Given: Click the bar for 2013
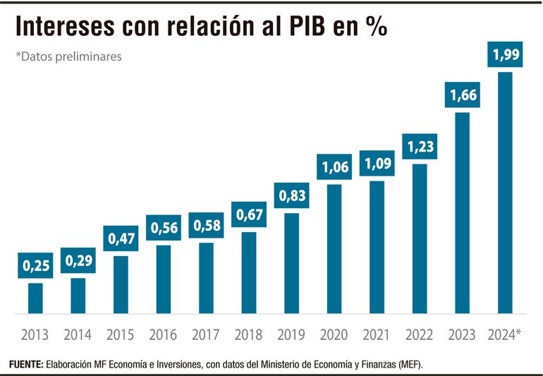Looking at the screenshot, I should pyautogui.click(x=35, y=298).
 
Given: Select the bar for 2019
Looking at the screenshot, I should pyautogui.click(x=291, y=262).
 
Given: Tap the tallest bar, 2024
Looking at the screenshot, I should pyautogui.click(x=504, y=192).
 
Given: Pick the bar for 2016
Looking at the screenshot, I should pyautogui.click(x=164, y=279).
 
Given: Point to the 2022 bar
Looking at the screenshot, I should pyautogui.click(x=419, y=238).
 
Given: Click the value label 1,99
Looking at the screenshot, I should pyautogui.click(x=504, y=54).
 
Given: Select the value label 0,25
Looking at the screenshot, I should pyautogui.click(x=35, y=266).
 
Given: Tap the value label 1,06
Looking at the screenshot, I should pyautogui.click(x=334, y=167).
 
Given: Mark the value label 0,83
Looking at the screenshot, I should pyautogui.click(x=291, y=195).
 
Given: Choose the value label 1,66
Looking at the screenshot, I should pyautogui.click(x=462, y=95).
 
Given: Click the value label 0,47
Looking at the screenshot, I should pyautogui.click(x=121, y=238).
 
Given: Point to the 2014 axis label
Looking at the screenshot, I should pyautogui.click(x=78, y=334).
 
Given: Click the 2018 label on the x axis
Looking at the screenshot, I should pyautogui.click(x=248, y=334).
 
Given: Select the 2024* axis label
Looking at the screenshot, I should pyautogui.click(x=504, y=334).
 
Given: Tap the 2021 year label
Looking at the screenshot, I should pyautogui.click(x=377, y=334).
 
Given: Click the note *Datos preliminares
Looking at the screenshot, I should pyautogui.click(x=69, y=56).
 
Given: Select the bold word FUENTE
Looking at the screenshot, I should pyautogui.click(x=25, y=363).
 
